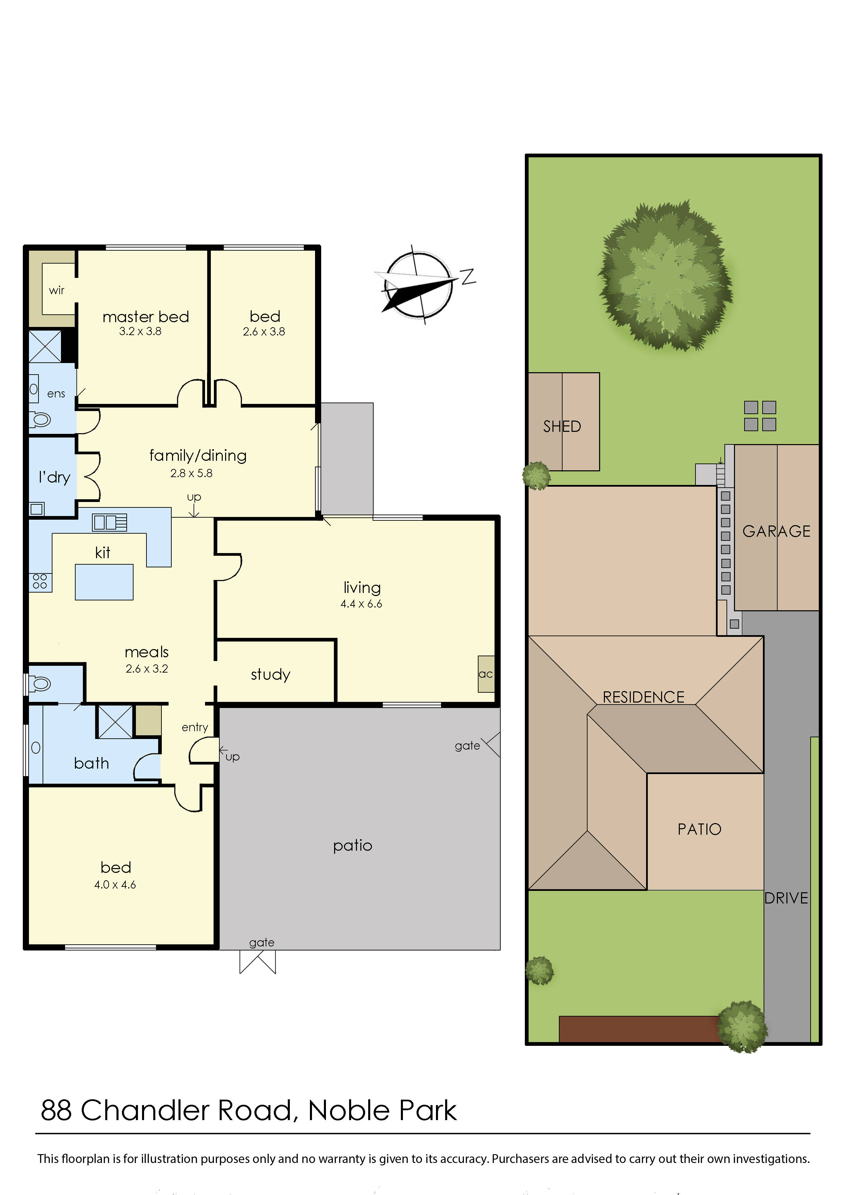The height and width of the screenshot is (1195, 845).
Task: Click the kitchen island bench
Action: [104, 582]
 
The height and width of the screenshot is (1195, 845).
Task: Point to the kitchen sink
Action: [109, 522]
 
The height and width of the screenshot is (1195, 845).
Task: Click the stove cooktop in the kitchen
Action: [40, 581]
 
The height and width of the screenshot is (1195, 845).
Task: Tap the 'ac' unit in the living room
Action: [486, 674]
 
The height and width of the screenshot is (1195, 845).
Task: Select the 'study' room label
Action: [270, 675]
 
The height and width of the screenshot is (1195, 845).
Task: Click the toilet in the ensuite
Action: [40, 419]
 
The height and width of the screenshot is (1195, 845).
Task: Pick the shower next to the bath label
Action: [115, 721]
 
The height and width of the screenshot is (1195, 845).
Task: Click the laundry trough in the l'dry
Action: [36, 508]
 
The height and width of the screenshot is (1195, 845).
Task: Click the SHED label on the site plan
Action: [562, 427]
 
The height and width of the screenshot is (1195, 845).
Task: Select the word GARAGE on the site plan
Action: [776, 531]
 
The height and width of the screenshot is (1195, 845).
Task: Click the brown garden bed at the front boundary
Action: [638, 1028]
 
